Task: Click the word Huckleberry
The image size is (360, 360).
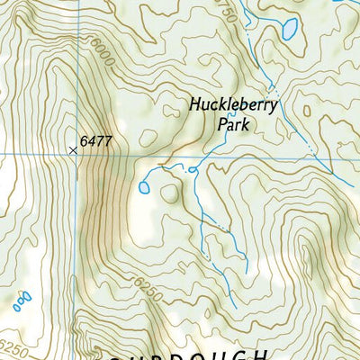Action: point(234,104)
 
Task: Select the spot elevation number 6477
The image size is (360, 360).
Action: point(95,141)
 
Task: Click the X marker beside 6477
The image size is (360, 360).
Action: point(73,150)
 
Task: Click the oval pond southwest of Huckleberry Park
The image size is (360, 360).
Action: point(144,187)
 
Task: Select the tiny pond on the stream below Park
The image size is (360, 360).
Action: point(192,169)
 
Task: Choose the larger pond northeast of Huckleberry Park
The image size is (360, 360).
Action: point(289,30)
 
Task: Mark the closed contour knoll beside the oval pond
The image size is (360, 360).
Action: point(169,193)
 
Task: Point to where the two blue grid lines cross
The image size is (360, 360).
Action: point(77,155)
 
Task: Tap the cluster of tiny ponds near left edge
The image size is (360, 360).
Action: point(22,299)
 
